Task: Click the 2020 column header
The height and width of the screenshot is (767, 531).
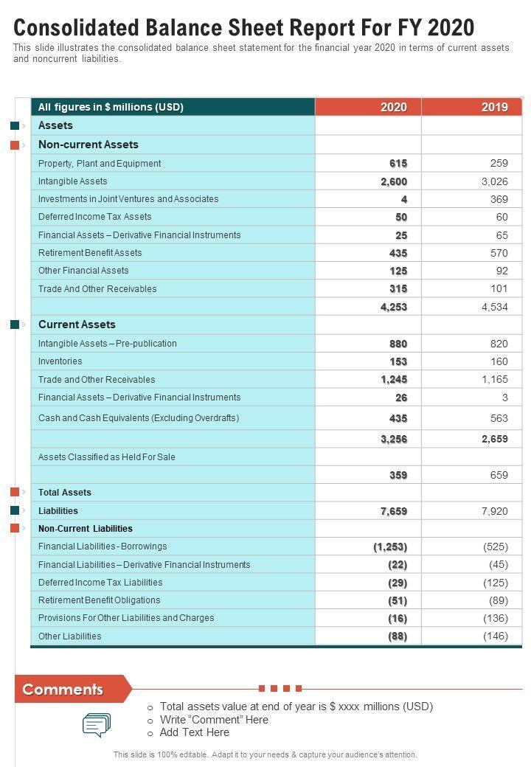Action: (x=394, y=107)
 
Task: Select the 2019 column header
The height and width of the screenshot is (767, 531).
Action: (x=494, y=107)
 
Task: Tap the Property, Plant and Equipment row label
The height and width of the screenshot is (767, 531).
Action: (x=100, y=164)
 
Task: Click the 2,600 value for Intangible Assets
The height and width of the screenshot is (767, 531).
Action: (x=394, y=181)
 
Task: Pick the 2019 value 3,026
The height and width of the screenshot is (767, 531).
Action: (x=494, y=181)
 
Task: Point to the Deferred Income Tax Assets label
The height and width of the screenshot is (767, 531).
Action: (x=95, y=217)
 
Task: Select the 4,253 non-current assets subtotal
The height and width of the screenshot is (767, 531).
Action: (x=394, y=307)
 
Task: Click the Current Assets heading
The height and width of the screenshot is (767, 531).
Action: (x=77, y=324)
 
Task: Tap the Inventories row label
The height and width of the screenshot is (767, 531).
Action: (x=60, y=361)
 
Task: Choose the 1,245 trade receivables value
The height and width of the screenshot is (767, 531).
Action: (x=394, y=380)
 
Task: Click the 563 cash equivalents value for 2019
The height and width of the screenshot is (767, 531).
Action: (x=499, y=418)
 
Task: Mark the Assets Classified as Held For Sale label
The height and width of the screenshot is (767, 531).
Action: (x=107, y=457)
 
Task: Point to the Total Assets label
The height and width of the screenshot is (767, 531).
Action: (x=65, y=493)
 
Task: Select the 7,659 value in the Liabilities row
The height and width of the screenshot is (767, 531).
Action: (x=394, y=511)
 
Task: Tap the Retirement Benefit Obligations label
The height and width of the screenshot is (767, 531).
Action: (x=100, y=600)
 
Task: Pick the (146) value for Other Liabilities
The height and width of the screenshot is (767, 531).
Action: (x=496, y=636)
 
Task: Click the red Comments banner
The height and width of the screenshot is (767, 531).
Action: (x=66, y=690)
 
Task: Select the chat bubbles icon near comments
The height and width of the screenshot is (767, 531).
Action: (x=97, y=725)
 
